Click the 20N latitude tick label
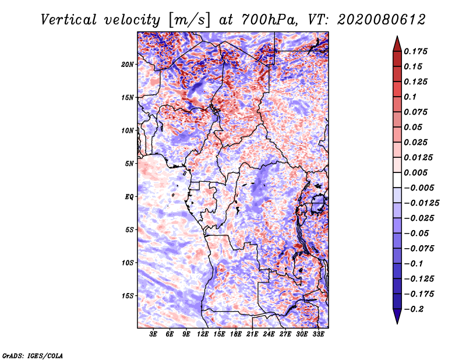128,64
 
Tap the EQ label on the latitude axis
129,196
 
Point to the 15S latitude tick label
128,295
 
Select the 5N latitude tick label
129,163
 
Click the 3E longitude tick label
153,334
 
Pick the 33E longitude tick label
318,334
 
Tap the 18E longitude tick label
236,334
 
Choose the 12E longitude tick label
203,334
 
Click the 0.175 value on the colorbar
415,51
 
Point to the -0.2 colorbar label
414,309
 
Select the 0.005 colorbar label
415,172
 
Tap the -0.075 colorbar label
419,248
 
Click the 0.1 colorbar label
410,97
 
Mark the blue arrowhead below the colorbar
397,316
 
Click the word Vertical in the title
69,20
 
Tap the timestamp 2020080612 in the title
382,20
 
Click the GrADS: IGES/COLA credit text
33,355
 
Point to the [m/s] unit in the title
189,20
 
